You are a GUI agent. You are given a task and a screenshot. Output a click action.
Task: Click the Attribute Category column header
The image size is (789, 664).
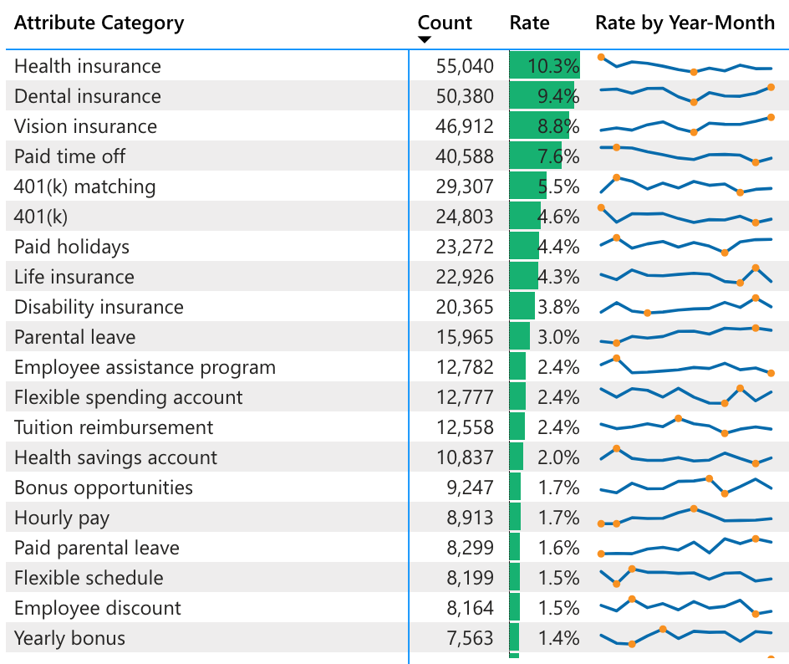tap(99, 23)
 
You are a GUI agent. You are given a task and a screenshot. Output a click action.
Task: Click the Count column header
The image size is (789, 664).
tap(445, 23)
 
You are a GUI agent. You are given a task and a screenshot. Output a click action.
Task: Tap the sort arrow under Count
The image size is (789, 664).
tap(425, 39)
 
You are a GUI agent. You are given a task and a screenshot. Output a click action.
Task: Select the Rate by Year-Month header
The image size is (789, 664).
tap(685, 23)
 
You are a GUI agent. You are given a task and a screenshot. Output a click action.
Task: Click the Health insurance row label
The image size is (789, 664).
tap(88, 66)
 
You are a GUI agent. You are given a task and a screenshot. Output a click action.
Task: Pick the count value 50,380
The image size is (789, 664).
tap(465, 96)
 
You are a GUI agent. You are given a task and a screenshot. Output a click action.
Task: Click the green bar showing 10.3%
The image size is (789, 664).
tap(544, 66)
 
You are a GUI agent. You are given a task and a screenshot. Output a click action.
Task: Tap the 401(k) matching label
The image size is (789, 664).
tap(85, 186)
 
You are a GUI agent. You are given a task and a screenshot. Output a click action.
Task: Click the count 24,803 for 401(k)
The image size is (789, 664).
tap(465, 217)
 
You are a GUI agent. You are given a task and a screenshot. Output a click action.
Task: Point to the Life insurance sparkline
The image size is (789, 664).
tap(685, 276)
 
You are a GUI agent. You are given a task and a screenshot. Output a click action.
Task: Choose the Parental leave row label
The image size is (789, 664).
tap(75, 337)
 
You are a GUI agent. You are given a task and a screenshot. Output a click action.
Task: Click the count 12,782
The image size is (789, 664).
tap(465, 367)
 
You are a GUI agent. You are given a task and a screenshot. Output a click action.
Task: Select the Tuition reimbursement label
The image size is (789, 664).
tap(114, 427)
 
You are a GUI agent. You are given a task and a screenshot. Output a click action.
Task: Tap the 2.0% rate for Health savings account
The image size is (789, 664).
tap(557, 457)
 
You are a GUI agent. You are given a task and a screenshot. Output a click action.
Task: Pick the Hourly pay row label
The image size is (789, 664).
tap(62, 518)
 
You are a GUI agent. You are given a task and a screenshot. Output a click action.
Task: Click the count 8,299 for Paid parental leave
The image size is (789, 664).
tap(471, 548)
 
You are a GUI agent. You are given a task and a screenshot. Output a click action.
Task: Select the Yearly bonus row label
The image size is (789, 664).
tap(70, 638)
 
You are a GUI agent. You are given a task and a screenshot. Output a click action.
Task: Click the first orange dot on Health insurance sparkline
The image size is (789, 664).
tap(601, 57)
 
